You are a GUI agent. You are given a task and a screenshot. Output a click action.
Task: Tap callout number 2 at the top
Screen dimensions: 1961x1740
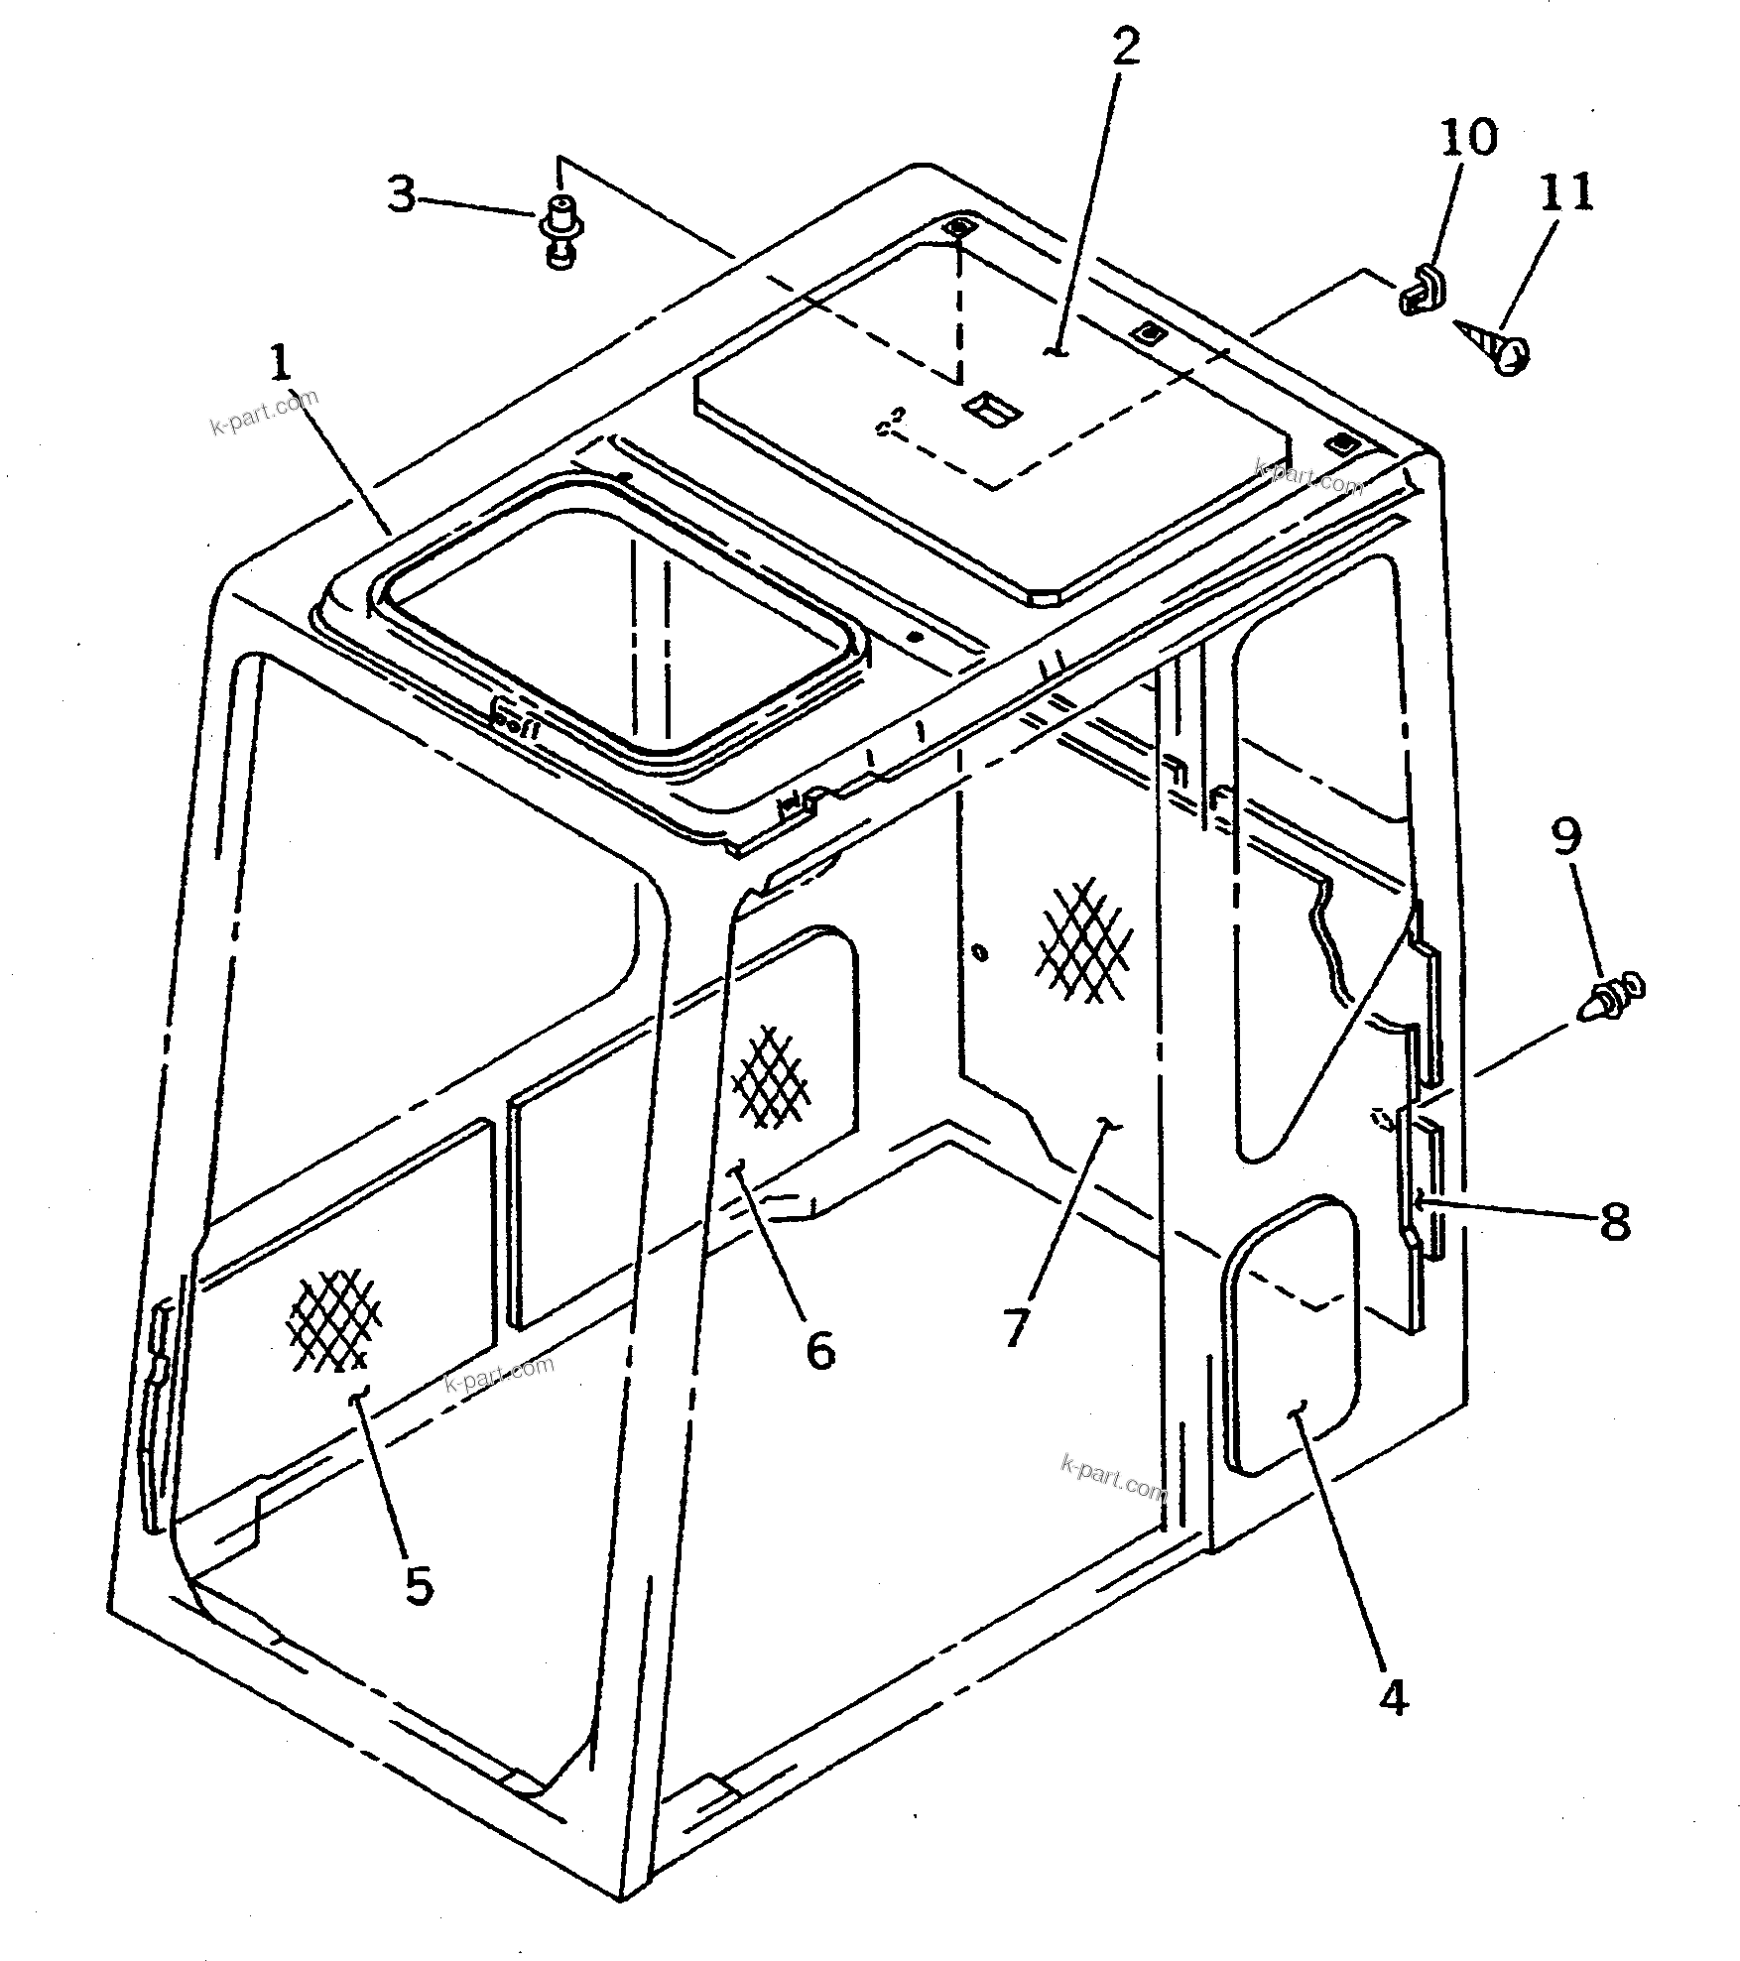1124,48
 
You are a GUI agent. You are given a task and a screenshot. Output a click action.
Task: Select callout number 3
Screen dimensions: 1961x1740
401,195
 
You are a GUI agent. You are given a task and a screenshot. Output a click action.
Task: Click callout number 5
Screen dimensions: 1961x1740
419,1585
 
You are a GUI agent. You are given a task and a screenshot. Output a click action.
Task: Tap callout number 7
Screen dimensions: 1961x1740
1013,1327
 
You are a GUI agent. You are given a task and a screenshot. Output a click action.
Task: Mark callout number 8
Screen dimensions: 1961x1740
1614,1222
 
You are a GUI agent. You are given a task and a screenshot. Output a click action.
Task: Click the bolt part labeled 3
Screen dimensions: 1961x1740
561,232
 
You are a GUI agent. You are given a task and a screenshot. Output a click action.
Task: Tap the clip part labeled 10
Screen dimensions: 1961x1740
1425,289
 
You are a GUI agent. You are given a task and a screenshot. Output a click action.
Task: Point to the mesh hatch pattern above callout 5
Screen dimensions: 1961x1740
334,1319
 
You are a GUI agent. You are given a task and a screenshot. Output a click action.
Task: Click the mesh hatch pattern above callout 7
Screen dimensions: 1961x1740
1084,940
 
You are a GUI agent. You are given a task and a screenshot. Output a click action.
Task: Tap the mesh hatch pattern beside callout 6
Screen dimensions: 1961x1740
770,1078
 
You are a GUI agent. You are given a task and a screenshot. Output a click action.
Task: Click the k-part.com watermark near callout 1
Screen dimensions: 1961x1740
265,413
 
